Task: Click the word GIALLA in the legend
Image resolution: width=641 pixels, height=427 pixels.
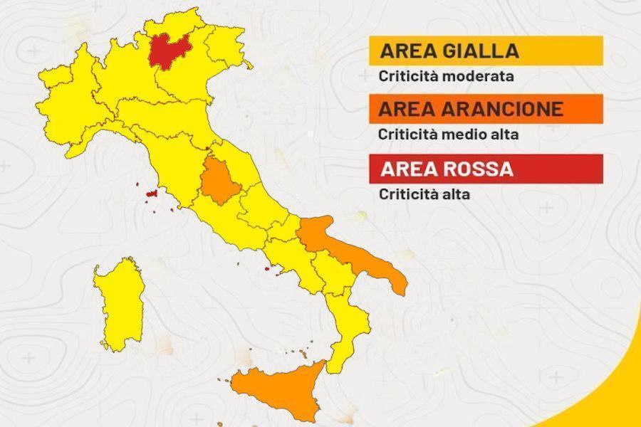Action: (479, 51)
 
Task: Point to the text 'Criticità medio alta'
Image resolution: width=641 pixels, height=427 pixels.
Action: (449, 133)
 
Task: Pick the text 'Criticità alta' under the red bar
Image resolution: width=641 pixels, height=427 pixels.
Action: (424, 194)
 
